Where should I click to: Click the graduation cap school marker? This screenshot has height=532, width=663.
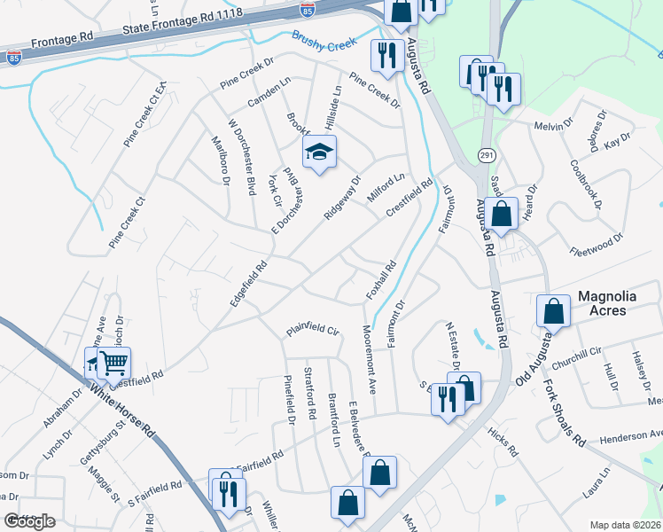[x=319, y=152]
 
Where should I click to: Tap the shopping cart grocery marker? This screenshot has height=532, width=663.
[x=113, y=363]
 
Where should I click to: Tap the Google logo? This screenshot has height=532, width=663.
[x=29, y=521]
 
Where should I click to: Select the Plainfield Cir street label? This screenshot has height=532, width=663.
[x=312, y=330]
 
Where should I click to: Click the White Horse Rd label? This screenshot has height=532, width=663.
[x=123, y=407]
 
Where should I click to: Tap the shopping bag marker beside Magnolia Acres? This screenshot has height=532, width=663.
[x=553, y=311]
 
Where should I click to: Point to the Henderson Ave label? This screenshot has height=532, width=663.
[x=629, y=435]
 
